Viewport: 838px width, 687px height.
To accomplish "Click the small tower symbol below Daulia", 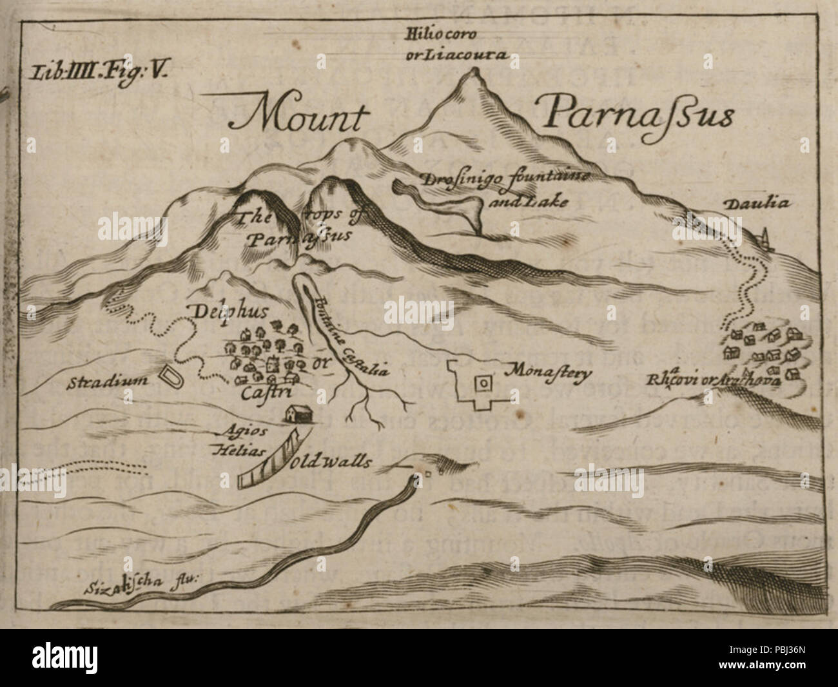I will point(766,240).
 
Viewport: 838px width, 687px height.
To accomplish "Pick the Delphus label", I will point(217,313).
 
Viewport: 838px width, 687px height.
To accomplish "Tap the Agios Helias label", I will point(235,440).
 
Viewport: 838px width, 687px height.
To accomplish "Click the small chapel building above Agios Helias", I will point(298,414).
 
